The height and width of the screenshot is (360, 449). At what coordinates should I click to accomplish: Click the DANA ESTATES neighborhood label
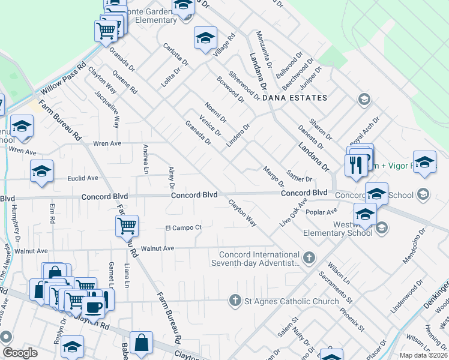(x=298, y=98)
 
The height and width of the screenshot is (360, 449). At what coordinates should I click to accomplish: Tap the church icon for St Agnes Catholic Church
(x=235, y=300)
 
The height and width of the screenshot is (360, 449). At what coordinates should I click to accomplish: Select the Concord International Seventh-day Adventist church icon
(x=309, y=257)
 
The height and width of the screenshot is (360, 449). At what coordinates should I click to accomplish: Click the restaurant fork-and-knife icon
(x=356, y=165)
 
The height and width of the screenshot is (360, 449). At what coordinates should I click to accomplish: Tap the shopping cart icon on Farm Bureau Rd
(x=127, y=226)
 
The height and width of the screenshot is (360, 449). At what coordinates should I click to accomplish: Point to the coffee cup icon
(x=94, y=307)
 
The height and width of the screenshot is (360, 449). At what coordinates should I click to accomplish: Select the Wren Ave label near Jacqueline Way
(x=107, y=144)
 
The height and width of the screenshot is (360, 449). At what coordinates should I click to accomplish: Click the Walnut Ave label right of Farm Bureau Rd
(x=157, y=248)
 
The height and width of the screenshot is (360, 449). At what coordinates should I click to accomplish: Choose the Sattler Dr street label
(x=300, y=176)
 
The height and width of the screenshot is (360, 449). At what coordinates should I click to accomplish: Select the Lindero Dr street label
(x=237, y=136)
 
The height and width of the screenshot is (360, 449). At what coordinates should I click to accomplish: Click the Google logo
(x=20, y=353)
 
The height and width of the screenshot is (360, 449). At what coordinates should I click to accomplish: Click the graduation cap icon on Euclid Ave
(x=41, y=171)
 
